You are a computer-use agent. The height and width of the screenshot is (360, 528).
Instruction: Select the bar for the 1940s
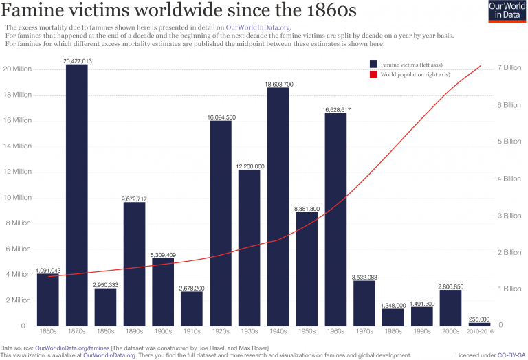tap(278, 206)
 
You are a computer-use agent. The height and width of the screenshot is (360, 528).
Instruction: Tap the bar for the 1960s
tap(335, 219)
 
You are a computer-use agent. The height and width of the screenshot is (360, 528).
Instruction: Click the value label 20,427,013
tap(77, 61)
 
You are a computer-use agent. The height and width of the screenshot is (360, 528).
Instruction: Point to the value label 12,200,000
tap(250, 166)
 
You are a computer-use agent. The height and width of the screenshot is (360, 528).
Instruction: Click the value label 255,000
tap(479, 319)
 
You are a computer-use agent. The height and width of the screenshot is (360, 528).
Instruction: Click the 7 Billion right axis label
tap(509, 67)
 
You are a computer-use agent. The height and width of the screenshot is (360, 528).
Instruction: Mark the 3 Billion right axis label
tap(509, 215)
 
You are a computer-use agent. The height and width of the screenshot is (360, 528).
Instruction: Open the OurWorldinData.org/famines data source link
tap(72, 348)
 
